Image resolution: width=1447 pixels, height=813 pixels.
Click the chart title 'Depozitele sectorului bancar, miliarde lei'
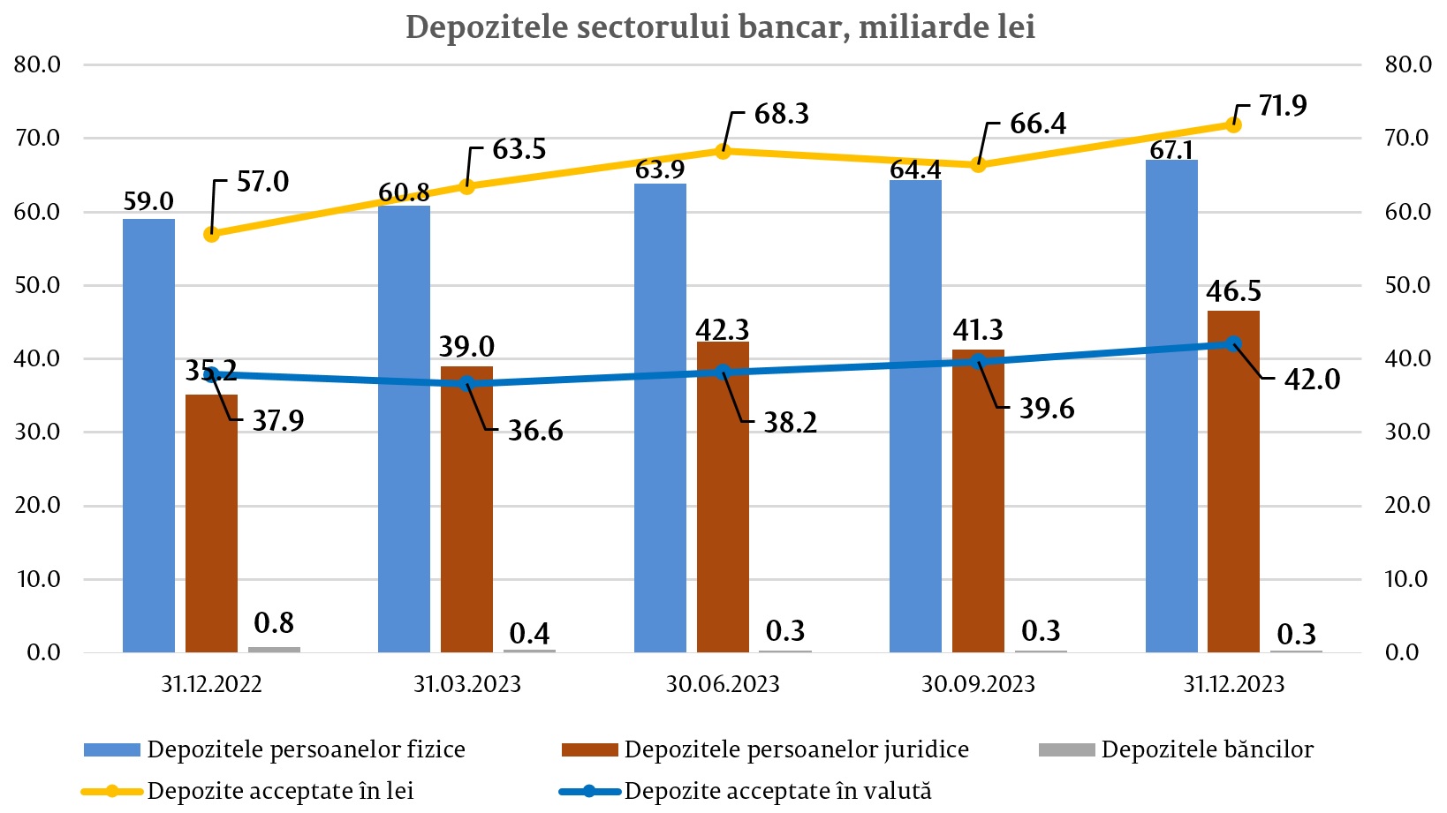tap(720, 27)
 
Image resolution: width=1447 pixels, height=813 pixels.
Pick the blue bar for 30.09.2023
tap(915, 416)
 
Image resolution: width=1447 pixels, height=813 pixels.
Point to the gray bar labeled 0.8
tap(274, 649)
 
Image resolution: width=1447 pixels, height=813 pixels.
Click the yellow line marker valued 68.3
tap(723, 151)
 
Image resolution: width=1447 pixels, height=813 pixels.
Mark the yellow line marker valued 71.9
tap(1234, 124)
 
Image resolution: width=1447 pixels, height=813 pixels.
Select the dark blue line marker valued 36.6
tap(467, 384)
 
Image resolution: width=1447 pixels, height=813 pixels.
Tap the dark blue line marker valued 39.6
tap(978, 362)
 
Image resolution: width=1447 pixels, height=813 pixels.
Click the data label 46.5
tap(1234, 291)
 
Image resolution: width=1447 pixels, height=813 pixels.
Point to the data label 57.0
tap(262, 182)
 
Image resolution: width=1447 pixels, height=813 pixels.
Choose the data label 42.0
tap(1312, 380)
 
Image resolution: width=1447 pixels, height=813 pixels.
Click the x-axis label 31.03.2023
tap(467, 684)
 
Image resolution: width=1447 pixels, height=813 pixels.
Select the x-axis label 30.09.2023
tap(978, 684)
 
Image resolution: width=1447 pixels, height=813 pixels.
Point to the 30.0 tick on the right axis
tap(1407, 432)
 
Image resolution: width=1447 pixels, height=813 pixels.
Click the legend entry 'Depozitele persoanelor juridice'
tap(796, 750)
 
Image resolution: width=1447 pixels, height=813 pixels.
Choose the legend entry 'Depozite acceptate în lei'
tap(280, 791)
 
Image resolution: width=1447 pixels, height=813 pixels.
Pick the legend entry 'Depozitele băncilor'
tap(1207, 750)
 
